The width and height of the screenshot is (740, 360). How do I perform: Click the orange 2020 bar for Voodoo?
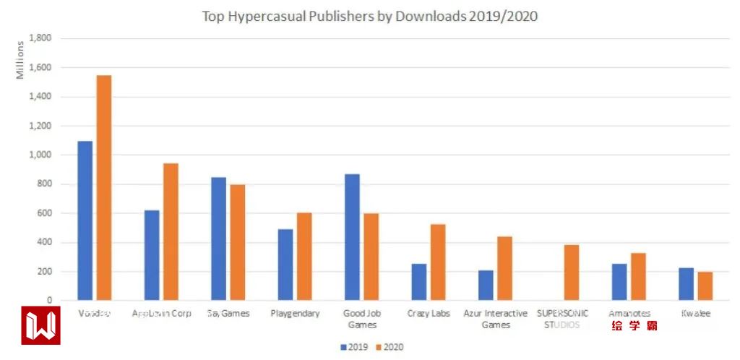104,188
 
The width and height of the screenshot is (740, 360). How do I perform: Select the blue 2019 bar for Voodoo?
85,220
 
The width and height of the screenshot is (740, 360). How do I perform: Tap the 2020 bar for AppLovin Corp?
171,231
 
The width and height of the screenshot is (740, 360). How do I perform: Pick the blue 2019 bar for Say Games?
218,239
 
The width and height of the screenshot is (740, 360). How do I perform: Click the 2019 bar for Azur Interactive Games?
486,286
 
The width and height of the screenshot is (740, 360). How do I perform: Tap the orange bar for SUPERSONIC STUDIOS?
571,273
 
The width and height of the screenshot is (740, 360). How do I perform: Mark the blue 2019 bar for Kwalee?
686,284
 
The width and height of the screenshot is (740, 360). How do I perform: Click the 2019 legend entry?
354,347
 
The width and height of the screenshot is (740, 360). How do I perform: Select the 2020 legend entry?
388,347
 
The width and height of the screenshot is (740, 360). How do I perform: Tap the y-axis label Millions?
20,61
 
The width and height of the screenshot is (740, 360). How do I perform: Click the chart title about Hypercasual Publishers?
369,16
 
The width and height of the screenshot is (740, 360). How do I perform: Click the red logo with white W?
40,325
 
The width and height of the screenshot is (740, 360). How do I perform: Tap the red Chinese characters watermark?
634,326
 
